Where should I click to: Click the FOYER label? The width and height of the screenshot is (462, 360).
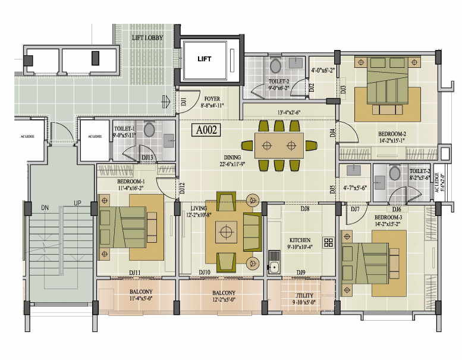point(212,99)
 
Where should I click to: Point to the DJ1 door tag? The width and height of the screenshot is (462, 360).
point(184,101)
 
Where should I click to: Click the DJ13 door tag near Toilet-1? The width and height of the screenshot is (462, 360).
point(148,158)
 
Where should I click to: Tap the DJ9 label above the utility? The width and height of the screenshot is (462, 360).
point(301,273)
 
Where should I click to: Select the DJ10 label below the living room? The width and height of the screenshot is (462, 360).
point(205,273)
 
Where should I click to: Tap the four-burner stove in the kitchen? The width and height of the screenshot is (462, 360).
point(328,242)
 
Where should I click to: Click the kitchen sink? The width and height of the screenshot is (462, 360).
point(274,261)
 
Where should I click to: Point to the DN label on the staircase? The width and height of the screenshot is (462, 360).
point(45,208)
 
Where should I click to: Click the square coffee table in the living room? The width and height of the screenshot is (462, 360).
point(226,232)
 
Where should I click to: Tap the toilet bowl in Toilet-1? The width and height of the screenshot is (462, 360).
point(149,130)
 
